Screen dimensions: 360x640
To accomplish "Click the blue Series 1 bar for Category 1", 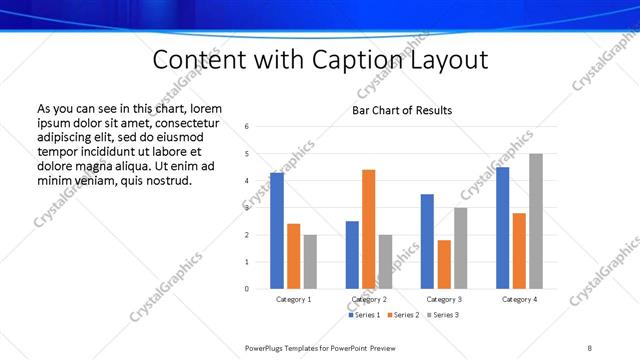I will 277,231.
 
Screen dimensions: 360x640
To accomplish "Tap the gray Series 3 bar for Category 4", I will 536,221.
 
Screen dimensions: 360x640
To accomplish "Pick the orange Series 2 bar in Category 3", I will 444,264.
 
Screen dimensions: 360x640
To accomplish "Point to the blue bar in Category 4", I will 502,228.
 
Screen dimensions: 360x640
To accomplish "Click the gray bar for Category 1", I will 310,262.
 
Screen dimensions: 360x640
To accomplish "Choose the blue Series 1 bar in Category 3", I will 427,241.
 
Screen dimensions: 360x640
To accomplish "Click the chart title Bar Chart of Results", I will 401,110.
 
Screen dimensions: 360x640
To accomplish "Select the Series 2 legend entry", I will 402,315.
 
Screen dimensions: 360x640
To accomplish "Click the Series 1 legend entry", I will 362,315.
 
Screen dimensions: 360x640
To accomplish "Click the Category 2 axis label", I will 369,299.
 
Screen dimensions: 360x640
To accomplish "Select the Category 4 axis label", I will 519,299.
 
